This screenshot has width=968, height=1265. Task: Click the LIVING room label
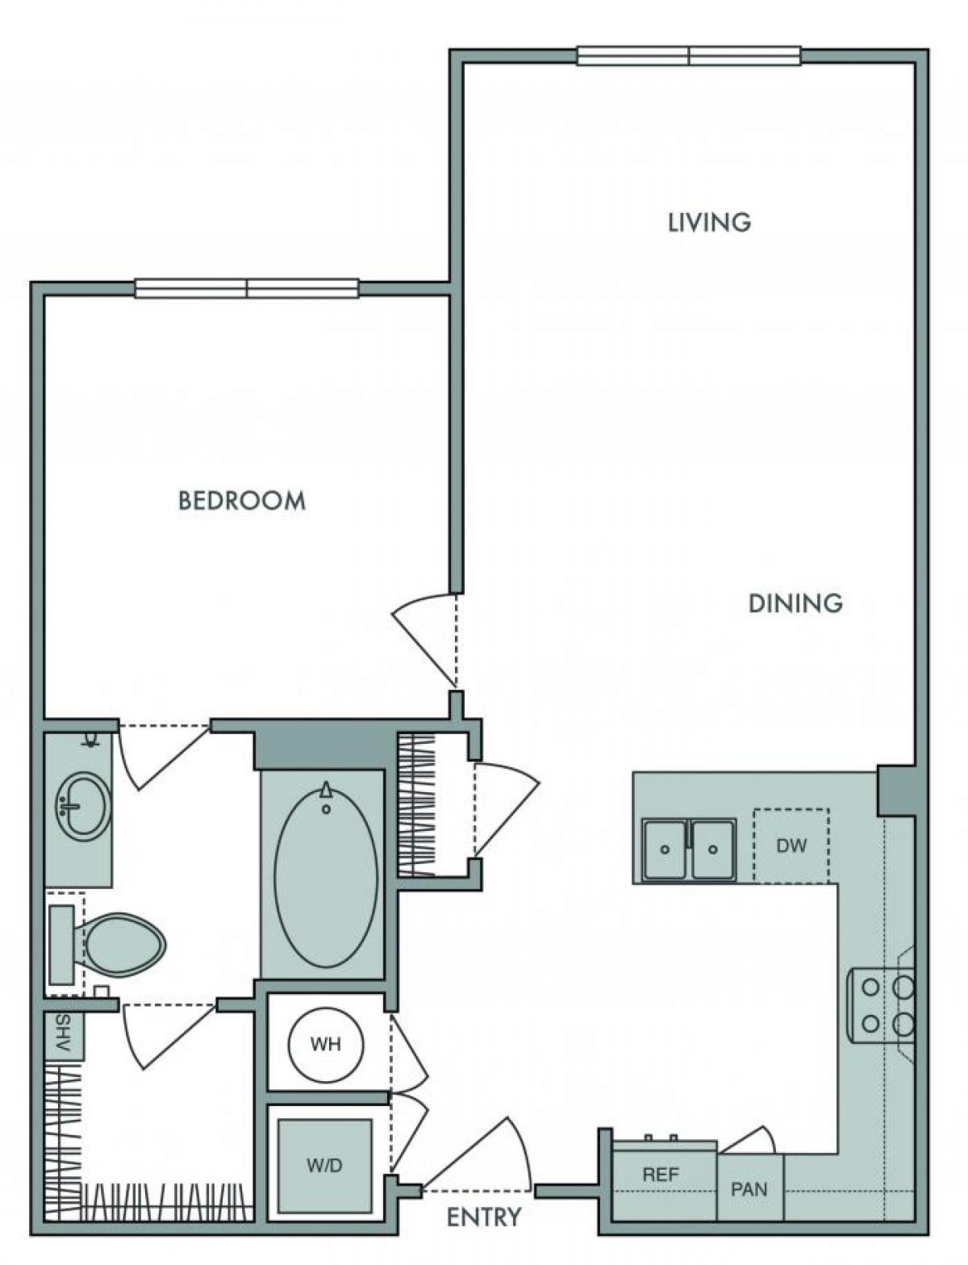[x=709, y=222]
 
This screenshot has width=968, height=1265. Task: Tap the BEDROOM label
[x=242, y=501]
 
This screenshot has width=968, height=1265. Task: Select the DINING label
[x=795, y=603]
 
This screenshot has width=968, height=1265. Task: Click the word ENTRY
[x=484, y=1217]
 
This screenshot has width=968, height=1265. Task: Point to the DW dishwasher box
[x=791, y=845]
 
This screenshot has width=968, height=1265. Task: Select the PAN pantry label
[x=749, y=1188]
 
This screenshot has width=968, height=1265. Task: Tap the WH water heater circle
[x=326, y=1045]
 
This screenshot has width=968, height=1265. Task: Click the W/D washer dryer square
[x=324, y=1165]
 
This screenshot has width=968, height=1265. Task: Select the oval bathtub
[x=326, y=875]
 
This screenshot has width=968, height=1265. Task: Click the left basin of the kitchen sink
[x=665, y=850]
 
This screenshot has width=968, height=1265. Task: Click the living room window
[x=689, y=56]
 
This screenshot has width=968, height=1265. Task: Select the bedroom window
[x=247, y=288]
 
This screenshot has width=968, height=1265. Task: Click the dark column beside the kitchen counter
[x=895, y=791]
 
